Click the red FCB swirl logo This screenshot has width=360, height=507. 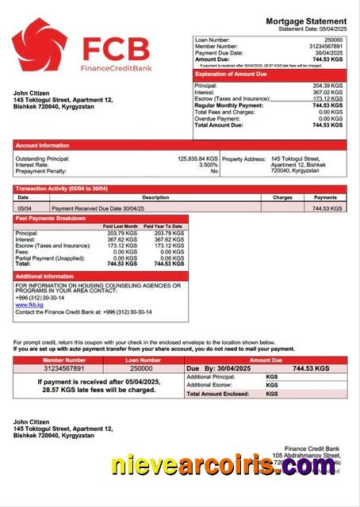point(39,45)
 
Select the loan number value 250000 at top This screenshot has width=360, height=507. point(333,40)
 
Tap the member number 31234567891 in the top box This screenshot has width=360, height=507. point(325,46)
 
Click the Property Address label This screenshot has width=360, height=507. point(243,158)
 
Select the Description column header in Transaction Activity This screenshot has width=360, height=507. point(155,197)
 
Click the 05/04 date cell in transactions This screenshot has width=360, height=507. point(25,208)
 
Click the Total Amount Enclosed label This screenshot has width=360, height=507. point(220,393)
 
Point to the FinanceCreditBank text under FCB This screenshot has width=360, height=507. point(115,69)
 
